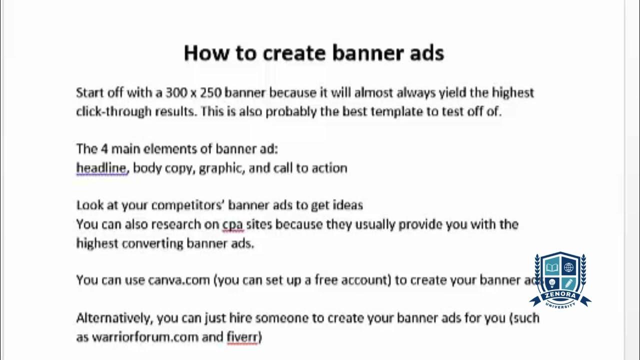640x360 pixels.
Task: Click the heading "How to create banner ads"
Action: point(313,53)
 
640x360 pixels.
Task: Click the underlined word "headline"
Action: point(101,168)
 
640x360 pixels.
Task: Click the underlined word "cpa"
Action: point(232,224)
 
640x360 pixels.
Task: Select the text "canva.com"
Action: point(178,280)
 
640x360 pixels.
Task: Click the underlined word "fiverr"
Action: point(242,337)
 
